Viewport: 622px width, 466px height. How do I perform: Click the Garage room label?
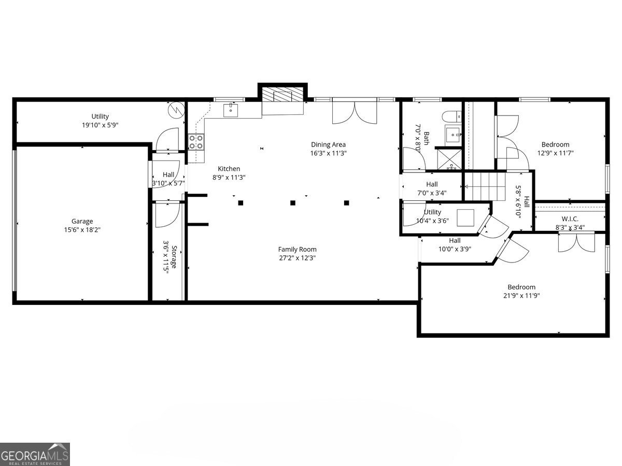click(82, 221)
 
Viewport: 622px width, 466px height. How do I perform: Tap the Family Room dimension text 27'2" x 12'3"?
click(297, 257)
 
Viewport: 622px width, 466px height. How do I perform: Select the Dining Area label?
click(328, 144)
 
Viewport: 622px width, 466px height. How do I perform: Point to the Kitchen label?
click(229, 168)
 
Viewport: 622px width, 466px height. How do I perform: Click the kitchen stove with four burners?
click(196, 141)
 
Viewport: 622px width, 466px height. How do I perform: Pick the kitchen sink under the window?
click(231, 109)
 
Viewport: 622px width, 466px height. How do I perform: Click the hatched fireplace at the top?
click(282, 95)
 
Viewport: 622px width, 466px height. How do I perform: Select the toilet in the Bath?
click(449, 116)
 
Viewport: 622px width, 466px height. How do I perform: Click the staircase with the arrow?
click(486, 186)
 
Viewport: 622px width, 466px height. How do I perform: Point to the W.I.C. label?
click(570, 219)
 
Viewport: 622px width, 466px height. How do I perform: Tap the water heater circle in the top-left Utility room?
click(177, 109)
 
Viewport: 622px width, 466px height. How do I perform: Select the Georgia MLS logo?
click(35, 454)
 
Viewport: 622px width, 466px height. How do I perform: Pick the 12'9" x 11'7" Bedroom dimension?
click(555, 153)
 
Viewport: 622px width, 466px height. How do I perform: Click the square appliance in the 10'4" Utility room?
click(465, 217)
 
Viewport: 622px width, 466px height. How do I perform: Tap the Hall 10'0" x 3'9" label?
click(455, 240)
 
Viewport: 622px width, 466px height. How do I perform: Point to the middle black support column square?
click(293, 203)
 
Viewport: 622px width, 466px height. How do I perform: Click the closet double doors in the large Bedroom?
click(576, 242)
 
